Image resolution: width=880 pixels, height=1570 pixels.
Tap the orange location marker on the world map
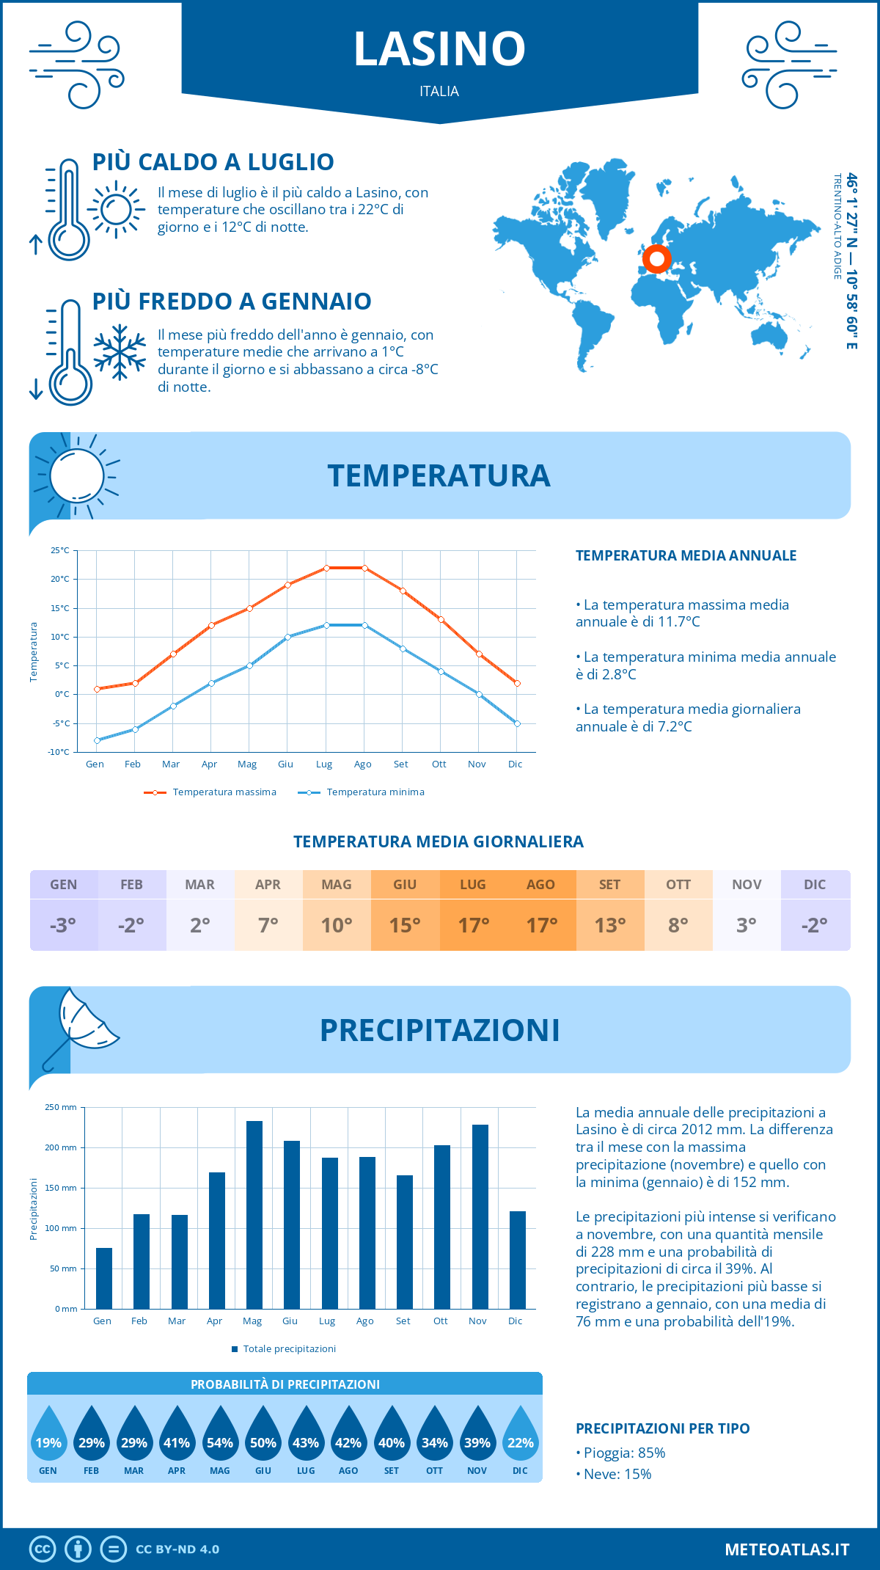click(656, 258)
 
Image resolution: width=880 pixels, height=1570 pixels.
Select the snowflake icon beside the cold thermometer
click(120, 351)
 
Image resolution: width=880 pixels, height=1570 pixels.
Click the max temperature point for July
click(326, 568)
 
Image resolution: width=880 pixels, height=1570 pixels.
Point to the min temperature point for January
click(97, 740)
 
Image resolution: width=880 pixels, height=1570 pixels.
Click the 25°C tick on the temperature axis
click(60, 550)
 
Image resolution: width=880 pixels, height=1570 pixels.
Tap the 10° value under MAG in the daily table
click(337, 925)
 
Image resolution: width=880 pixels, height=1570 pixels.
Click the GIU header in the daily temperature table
click(405, 885)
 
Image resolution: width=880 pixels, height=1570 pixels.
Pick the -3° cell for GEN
click(63, 925)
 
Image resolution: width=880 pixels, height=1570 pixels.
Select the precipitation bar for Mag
click(254, 1215)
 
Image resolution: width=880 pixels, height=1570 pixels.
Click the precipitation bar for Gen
click(104, 1278)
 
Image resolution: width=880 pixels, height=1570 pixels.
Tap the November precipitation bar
click(480, 1216)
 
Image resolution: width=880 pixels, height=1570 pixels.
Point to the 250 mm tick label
click(61, 1107)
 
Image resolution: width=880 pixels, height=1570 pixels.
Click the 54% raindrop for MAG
click(219, 1439)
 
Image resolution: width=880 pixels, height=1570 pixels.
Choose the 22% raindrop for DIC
click(520, 1439)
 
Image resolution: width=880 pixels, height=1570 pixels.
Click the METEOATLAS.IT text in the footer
click(786, 1549)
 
